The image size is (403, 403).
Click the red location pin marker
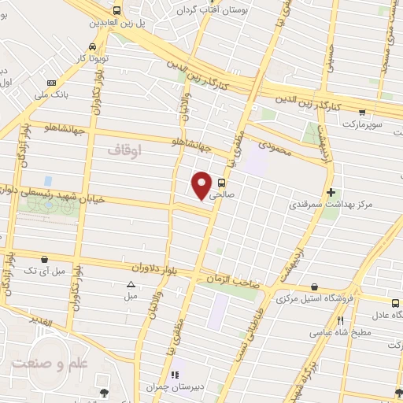(202, 185)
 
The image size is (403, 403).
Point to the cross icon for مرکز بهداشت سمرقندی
(331, 192)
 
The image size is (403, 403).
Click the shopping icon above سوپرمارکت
(362, 112)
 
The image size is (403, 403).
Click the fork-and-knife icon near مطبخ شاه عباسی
(340, 320)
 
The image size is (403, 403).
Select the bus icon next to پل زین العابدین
(117, 10)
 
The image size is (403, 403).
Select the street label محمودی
(274, 146)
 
